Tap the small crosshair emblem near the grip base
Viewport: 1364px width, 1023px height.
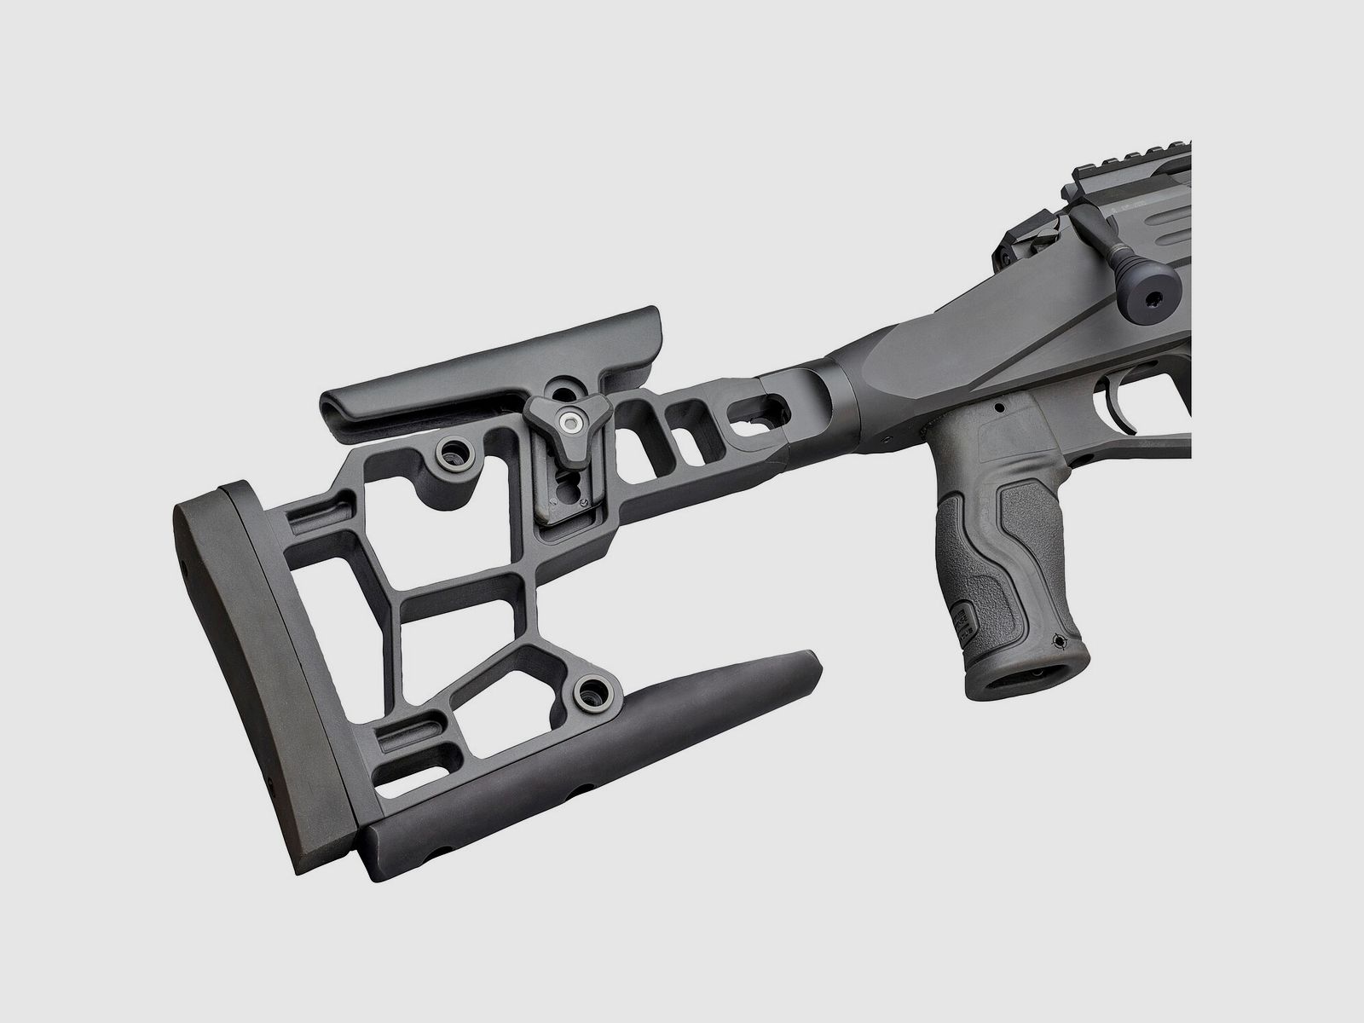1060,640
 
